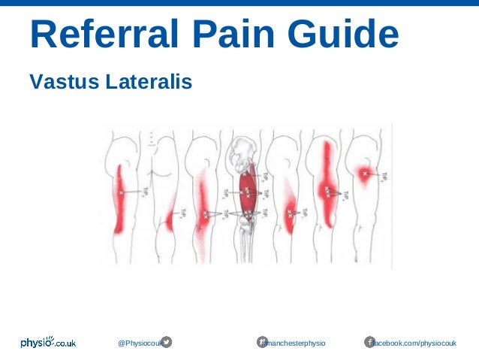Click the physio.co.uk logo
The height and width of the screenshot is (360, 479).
(48, 343)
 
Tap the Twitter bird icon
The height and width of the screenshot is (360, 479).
(166, 343)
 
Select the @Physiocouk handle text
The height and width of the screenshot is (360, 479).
(139, 343)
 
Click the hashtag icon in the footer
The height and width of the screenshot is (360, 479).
(263, 343)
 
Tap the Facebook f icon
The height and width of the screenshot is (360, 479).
(369, 343)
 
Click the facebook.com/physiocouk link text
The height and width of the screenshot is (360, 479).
(415, 343)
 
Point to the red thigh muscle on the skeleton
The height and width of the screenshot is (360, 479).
(247, 192)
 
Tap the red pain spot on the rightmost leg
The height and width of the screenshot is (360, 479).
(365, 174)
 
